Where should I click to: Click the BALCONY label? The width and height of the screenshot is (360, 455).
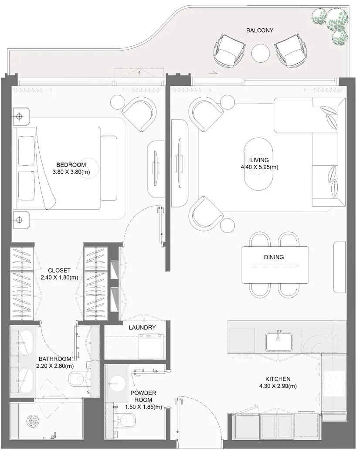click(260, 30)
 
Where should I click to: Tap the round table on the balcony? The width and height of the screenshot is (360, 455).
click(261, 53)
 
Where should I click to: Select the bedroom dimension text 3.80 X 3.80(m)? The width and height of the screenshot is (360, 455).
click(71, 172)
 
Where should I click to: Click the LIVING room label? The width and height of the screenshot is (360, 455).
click(259, 160)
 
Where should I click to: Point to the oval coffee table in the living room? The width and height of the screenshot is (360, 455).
click(258, 164)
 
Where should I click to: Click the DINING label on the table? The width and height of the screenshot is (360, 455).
click(274, 257)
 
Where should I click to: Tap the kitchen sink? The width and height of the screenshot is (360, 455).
click(278, 342)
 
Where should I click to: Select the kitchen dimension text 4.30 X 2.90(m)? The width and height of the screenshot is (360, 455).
click(278, 386)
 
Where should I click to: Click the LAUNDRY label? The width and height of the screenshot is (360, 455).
click(142, 328)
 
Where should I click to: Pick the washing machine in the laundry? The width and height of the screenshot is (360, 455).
click(151, 346)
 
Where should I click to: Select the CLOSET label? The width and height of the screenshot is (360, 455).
click(59, 271)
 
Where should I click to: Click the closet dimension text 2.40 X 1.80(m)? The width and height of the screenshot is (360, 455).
click(59, 278)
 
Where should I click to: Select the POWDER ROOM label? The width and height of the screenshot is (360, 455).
click(143, 397)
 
